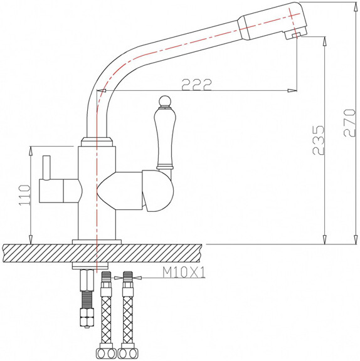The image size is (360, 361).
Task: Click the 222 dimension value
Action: [196, 85]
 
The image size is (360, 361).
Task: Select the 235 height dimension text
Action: [319, 140]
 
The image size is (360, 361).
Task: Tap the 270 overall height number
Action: [349, 123]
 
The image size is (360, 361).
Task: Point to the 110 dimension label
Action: [24, 195]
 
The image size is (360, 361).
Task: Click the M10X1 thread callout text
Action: [184, 273]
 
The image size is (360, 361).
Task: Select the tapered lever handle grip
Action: [164, 137]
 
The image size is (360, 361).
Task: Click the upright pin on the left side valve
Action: [46, 167]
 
